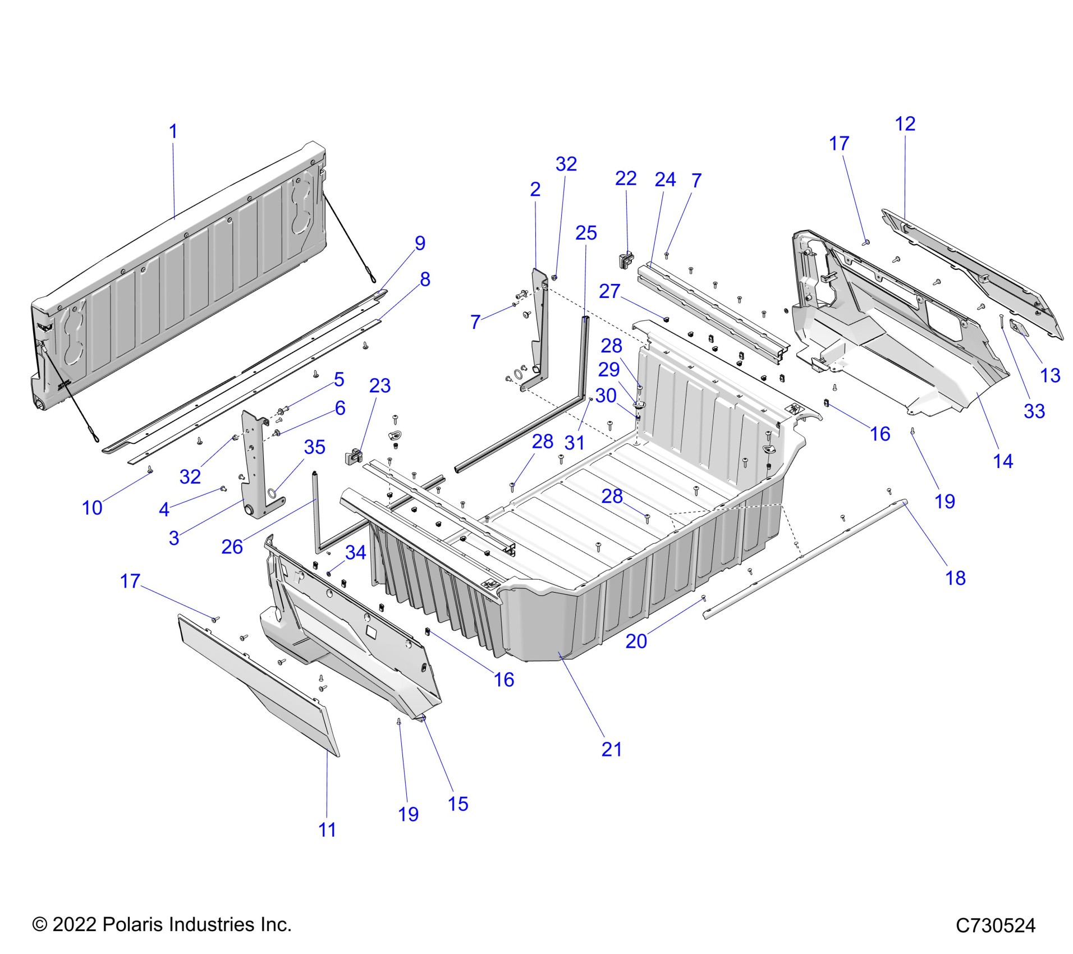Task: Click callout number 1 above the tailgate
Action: click(173, 131)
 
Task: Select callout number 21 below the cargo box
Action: click(612, 749)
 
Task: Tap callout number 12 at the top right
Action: click(905, 124)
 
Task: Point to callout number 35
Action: click(314, 447)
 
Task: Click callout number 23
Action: click(380, 386)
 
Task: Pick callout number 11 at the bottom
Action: click(327, 829)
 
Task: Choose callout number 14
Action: click(1003, 461)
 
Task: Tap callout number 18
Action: click(955, 578)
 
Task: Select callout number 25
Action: click(586, 233)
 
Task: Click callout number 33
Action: click(1034, 411)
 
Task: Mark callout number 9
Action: click(420, 243)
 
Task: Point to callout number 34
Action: click(355, 553)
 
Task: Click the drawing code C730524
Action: click(995, 925)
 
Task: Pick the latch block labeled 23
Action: click(353, 456)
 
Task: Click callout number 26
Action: click(232, 547)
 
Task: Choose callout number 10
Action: click(92, 508)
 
